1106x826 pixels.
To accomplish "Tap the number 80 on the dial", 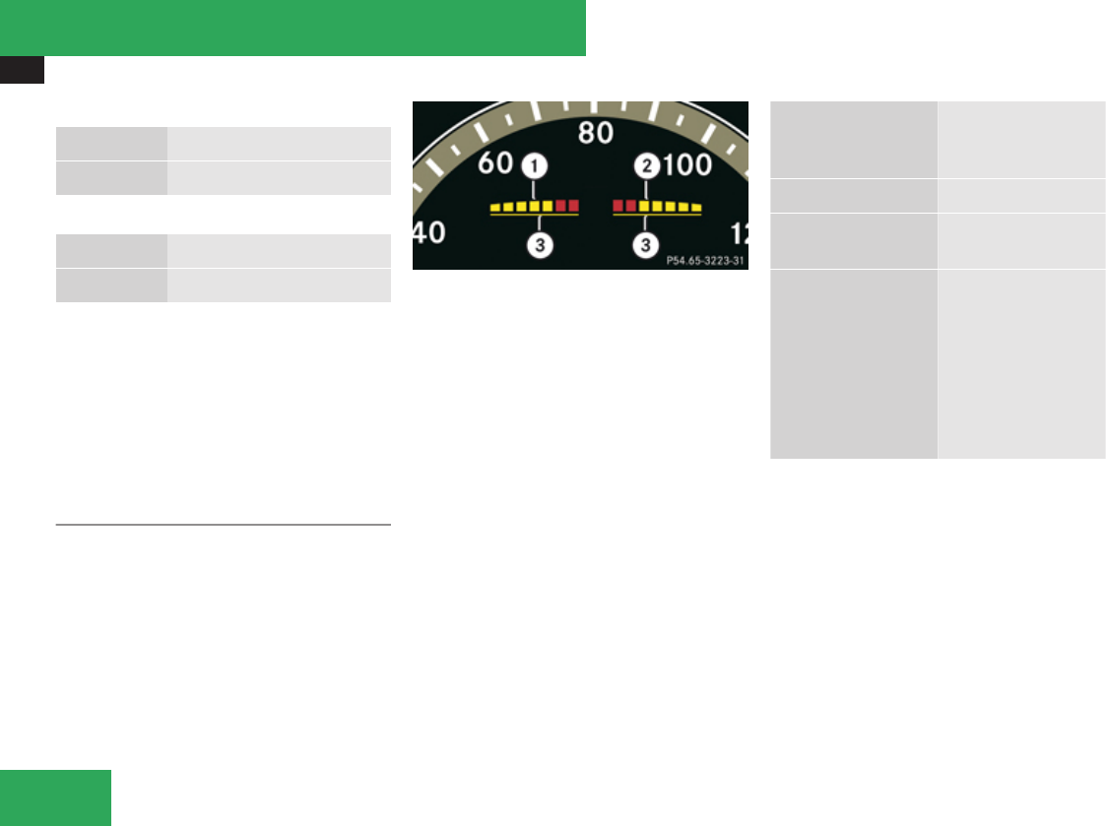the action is (x=596, y=131).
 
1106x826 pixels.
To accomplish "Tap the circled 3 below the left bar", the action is (x=538, y=243).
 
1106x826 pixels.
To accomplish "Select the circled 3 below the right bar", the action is (x=645, y=243).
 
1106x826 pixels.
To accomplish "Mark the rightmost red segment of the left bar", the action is (x=573, y=206).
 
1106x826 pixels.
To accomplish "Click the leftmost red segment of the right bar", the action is (x=618, y=206).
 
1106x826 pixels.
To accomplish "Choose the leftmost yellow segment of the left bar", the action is (x=495, y=208).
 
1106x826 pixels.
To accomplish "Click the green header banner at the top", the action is (x=293, y=28).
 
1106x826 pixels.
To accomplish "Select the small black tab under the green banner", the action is (x=22, y=69).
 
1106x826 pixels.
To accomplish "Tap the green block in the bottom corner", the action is (x=55, y=797).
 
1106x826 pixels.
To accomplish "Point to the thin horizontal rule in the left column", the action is (x=224, y=525).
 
